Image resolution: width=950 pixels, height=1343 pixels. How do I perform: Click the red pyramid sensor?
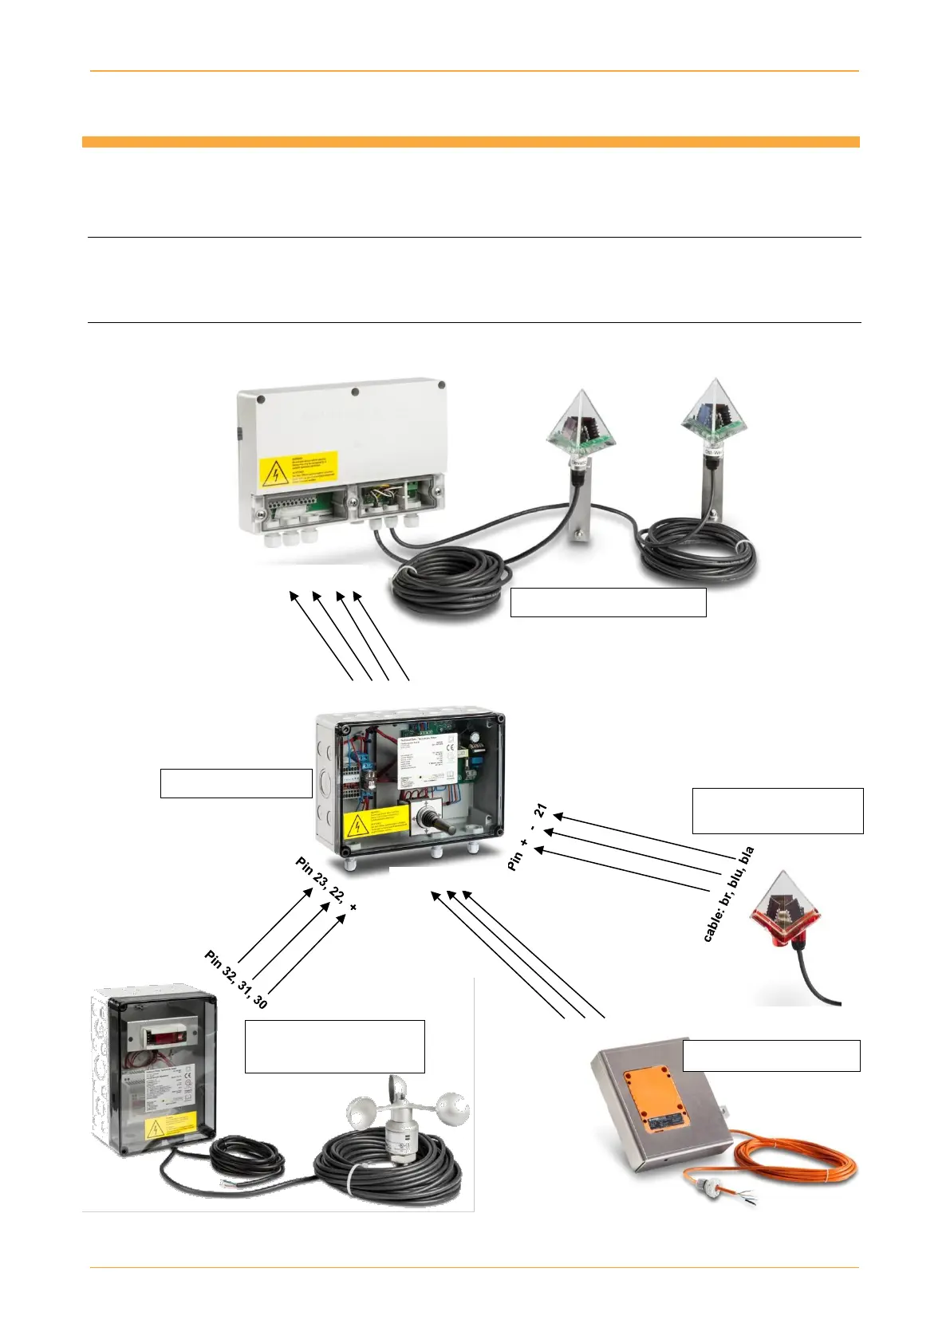(x=785, y=910)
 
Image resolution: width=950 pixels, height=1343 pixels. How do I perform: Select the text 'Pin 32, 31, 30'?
(x=236, y=979)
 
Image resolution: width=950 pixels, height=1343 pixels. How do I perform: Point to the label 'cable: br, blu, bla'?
(x=728, y=894)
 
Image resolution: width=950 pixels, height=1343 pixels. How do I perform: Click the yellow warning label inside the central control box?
(x=375, y=823)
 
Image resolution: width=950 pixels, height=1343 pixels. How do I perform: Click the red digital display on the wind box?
(x=164, y=1034)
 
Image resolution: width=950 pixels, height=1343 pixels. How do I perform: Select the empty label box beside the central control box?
(x=236, y=783)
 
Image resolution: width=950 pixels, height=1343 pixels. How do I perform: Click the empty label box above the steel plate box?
(x=771, y=1055)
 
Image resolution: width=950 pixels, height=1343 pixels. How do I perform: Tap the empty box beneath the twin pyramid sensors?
(x=608, y=602)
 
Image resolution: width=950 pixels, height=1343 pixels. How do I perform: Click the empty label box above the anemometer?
(x=334, y=1046)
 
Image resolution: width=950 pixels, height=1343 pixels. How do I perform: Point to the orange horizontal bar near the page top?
(x=471, y=142)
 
